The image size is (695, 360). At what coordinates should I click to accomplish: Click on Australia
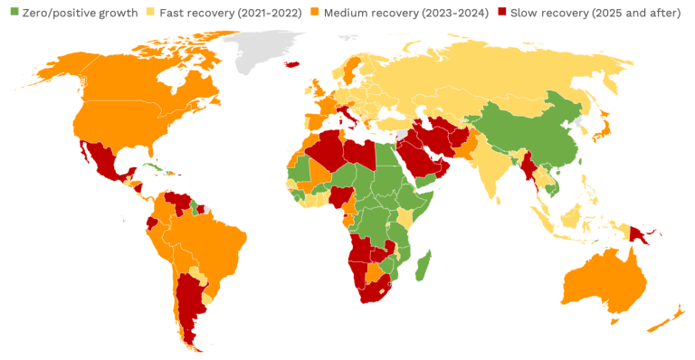(602, 280)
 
